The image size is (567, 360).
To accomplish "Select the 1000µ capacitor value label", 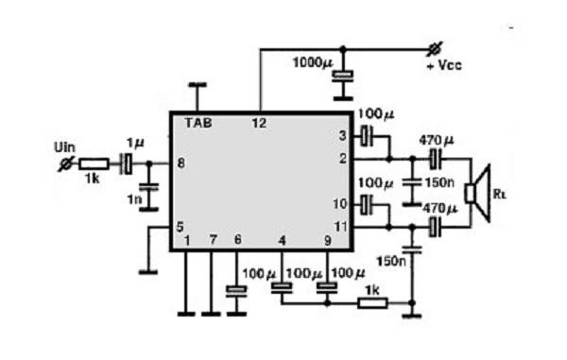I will (x=312, y=64).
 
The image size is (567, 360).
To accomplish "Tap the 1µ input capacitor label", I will (x=135, y=143).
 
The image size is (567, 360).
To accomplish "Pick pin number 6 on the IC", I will (x=236, y=240).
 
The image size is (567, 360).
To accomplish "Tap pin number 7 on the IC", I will (x=213, y=240).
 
